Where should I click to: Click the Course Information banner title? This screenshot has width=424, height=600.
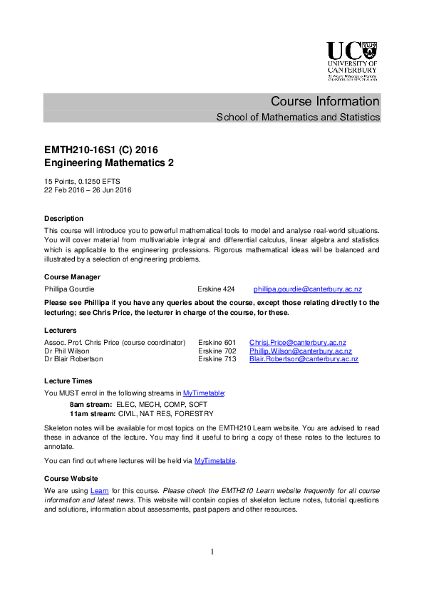(x=325, y=101)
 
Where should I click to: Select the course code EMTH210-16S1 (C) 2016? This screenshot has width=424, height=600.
(x=100, y=150)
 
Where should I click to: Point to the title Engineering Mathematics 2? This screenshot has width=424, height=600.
(x=109, y=163)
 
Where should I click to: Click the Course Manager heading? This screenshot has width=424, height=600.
(x=72, y=276)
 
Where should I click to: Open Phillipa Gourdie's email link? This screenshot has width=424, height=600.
(x=308, y=289)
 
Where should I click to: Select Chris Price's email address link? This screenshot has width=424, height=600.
(x=297, y=342)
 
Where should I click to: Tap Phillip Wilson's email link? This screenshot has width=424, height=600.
(x=300, y=351)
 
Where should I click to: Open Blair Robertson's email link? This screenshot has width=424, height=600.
(x=304, y=359)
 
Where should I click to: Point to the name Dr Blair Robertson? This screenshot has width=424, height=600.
(x=73, y=359)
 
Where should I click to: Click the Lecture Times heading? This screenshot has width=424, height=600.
(x=68, y=381)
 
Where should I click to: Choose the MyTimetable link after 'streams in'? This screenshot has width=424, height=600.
(x=204, y=393)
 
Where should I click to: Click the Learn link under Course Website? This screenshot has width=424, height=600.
(x=99, y=491)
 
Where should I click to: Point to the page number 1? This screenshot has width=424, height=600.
(x=212, y=552)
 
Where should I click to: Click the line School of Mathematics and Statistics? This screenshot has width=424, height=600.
(x=298, y=117)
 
